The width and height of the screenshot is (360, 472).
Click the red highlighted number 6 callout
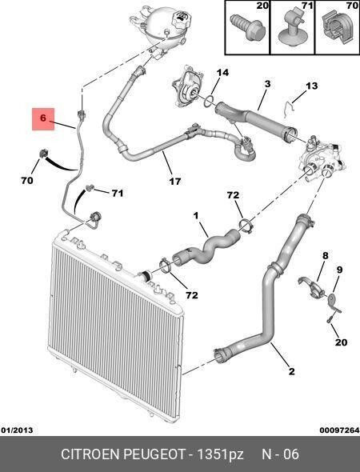coord(43,119)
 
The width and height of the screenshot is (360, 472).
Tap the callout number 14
coord(222,73)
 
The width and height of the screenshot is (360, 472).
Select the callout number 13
coord(311,86)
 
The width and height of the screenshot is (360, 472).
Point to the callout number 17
coord(175,182)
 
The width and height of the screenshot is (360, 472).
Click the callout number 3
coord(267,84)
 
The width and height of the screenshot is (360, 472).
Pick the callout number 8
coord(326,256)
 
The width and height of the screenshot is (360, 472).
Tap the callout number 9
coord(339,270)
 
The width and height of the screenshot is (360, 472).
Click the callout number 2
coord(291,371)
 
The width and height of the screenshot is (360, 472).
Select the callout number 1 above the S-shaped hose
coord(196,215)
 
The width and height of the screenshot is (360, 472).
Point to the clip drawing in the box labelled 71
coord(291,28)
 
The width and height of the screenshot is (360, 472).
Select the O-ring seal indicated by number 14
coord(209,102)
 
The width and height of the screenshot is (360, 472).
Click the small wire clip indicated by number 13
coord(290,108)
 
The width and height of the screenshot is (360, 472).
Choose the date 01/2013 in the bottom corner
coord(17,430)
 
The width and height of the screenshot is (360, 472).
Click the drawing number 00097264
coord(339,430)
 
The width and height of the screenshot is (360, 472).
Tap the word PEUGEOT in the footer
coord(154,454)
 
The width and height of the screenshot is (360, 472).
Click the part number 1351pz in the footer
coord(220,454)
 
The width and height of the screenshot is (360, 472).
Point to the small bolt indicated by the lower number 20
coord(329,319)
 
